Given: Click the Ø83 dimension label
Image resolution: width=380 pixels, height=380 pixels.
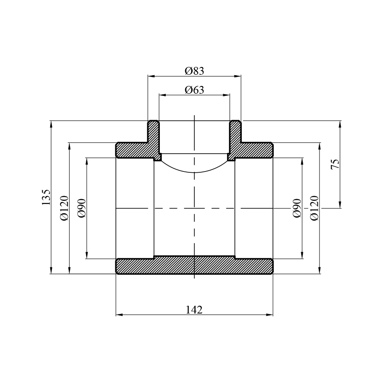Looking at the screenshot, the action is click(x=194, y=71).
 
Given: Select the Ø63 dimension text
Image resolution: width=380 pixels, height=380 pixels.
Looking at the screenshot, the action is click(x=194, y=90).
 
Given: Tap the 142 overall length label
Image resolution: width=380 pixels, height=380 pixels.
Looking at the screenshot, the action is click(x=194, y=310).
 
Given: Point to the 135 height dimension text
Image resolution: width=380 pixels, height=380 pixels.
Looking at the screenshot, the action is click(x=46, y=197).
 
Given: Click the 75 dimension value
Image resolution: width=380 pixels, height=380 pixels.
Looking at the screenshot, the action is click(x=336, y=165).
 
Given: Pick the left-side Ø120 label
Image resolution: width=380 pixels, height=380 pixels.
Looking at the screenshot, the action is click(x=64, y=208).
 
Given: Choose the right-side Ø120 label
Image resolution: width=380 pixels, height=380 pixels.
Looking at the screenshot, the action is click(x=314, y=208).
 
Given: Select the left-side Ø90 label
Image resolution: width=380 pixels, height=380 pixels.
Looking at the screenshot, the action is click(x=82, y=208).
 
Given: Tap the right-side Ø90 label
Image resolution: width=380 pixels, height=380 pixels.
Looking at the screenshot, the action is click(x=297, y=208).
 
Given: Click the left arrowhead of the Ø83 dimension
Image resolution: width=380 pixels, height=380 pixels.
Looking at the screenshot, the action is click(x=151, y=76).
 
